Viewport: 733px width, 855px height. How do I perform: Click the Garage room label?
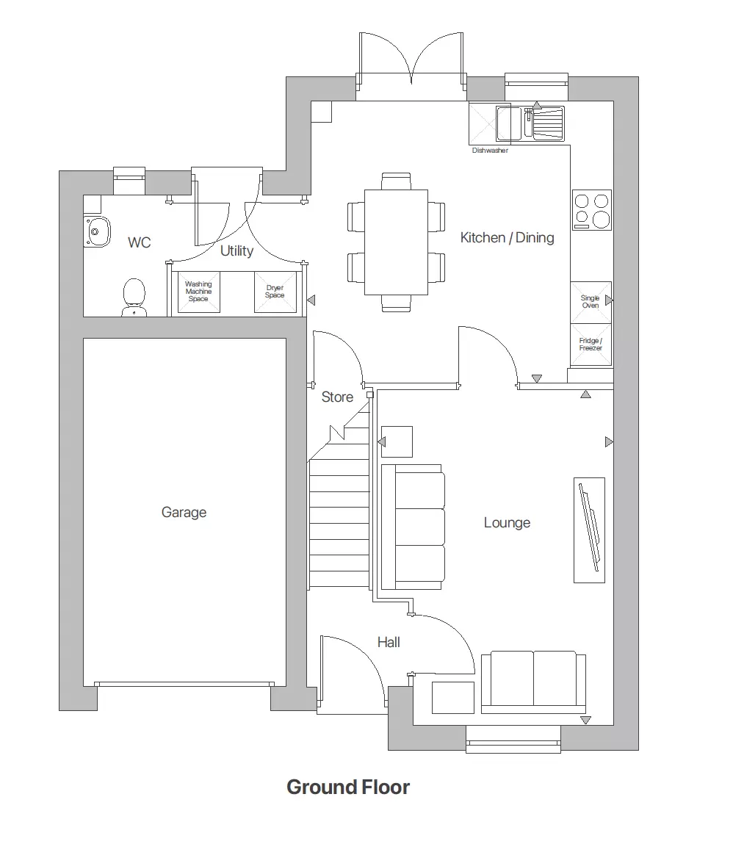click(x=184, y=513)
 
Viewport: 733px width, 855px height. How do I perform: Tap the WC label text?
click(x=139, y=242)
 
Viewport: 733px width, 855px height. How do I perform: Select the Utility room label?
click(x=236, y=251)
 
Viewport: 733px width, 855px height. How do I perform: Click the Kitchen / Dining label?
click(x=507, y=237)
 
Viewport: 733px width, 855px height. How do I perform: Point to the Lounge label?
click(x=507, y=523)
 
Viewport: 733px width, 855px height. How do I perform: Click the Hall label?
click(x=389, y=642)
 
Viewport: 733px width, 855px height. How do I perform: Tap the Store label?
click(x=337, y=397)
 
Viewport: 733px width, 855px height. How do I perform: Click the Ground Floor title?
click(x=348, y=787)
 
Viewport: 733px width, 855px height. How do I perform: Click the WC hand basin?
click(x=96, y=231)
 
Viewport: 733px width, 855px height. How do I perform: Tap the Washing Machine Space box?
click(x=198, y=292)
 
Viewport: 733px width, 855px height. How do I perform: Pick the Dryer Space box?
click(x=275, y=292)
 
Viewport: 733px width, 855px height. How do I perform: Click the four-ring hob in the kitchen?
click(x=592, y=210)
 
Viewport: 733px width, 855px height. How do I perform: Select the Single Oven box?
click(x=591, y=302)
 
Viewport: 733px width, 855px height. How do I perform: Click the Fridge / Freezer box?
click(x=591, y=344)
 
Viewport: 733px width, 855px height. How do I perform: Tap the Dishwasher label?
click(x=490, y=151)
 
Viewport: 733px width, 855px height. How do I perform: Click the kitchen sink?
click(x=530, y=123)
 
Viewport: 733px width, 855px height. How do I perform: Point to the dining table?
click(x=396, y=242)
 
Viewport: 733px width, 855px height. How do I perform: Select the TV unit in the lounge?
click(x=589, y=530)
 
